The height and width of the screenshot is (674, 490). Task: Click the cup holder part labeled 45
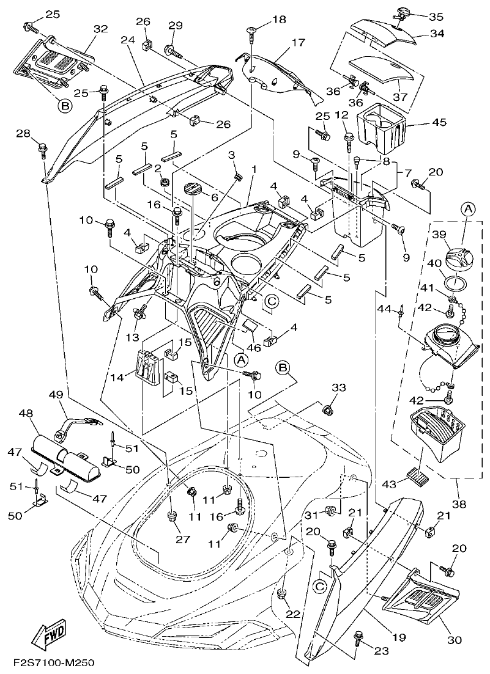380,129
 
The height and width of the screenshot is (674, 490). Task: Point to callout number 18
279,21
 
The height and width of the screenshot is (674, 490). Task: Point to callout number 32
100,29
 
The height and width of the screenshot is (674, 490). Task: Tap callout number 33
338,388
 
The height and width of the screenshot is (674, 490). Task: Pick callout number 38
459,505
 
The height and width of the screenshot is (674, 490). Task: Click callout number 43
388,483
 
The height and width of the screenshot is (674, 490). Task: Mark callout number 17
297,43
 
